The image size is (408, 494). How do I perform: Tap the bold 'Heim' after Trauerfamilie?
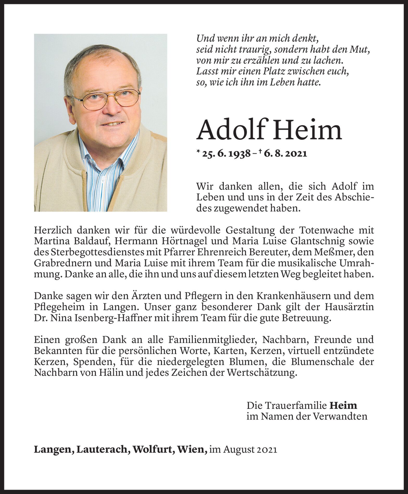point(343,405)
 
